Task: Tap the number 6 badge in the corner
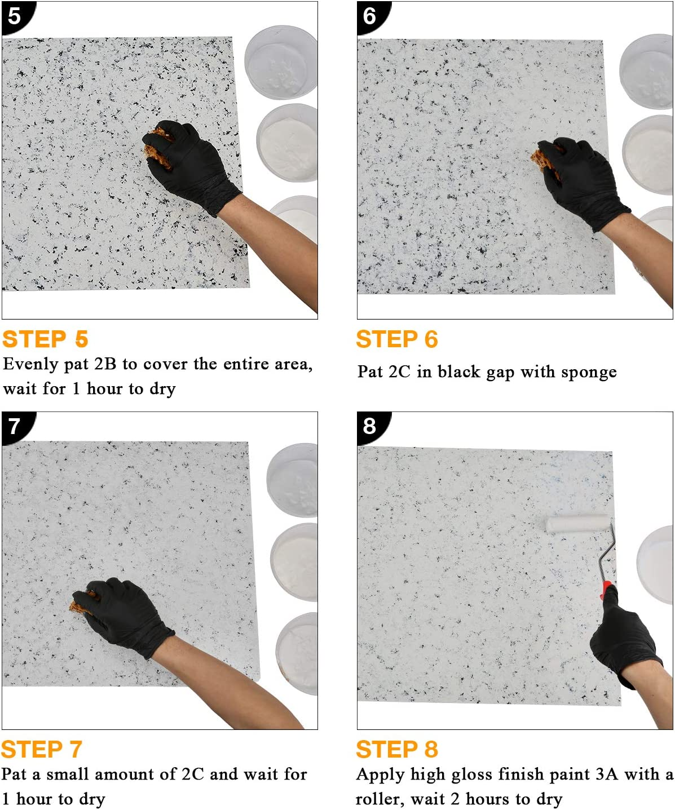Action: [369, 15]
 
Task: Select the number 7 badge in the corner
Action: [14, 426]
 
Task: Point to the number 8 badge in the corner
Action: [369, 426]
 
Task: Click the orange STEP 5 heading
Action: [45, 339]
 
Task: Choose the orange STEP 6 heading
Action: [396, 339]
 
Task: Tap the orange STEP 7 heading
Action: [42, 750]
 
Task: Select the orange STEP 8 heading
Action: [396, 750]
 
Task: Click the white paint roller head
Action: [576, 524]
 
